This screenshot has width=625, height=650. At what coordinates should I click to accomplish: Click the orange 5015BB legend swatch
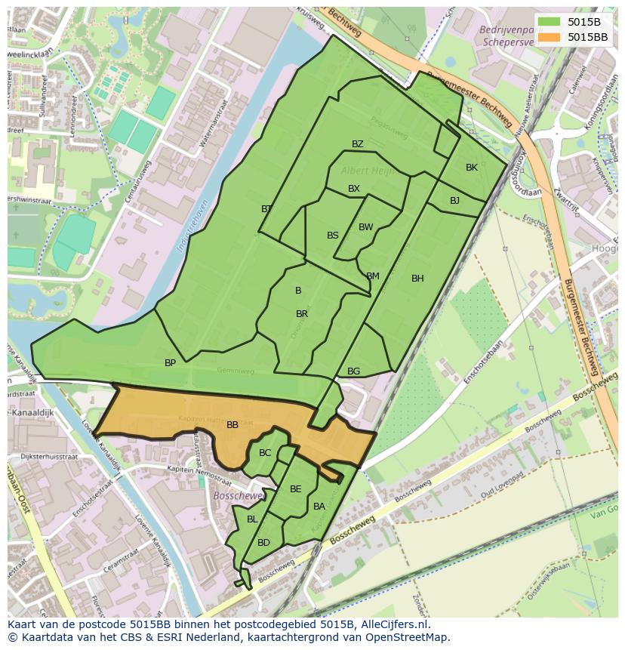click(549, 36)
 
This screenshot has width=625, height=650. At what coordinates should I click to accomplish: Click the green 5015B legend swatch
click(549, 22)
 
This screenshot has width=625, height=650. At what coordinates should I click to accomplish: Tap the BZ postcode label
click(358, 144)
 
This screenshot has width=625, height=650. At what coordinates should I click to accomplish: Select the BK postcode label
click(472, 168)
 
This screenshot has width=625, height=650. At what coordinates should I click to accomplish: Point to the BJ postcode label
click(454, 201)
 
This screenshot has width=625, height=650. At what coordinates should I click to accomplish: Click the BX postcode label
click(354, 189)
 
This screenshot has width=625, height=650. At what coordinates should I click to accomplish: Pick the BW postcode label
click(366, 227)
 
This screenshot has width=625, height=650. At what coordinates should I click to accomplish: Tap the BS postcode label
click(333, 236)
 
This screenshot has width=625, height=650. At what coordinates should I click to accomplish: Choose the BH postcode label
click(417, 279)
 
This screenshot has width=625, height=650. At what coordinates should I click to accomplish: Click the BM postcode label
click(373, 276)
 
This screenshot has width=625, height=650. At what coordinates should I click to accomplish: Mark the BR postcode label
click(302, 314)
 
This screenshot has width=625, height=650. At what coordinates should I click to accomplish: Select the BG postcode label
click(353, 371)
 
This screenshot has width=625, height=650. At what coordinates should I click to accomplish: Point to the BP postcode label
click(170, 363)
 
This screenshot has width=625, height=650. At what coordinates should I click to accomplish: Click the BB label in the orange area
click(232, 425)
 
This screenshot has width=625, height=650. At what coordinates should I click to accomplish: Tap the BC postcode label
click(265, 453)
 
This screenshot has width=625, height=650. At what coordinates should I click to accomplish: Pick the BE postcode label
click(296, 489)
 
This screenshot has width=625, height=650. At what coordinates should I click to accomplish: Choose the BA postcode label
click(319, 507)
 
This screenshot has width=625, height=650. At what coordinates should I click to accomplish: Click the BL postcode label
click(252, 519)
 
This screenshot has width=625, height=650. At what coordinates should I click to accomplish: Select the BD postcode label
click(263, 543)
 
